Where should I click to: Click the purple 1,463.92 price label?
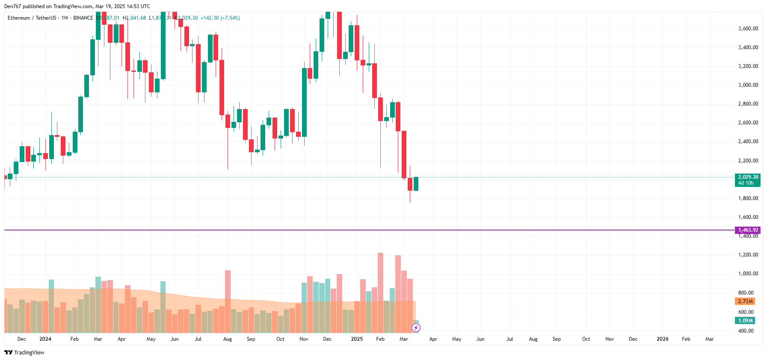tap(747, 230)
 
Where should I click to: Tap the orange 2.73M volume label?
tap(745, 301)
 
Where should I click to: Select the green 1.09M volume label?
tap(745, 321)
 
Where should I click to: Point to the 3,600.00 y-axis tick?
tap(748, 29)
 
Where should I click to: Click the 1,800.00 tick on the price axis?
tap(748, 198)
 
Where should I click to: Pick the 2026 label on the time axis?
tap(662, 339)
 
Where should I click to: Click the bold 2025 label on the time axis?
tap(357, 339)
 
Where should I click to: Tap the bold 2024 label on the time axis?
tap(45, 339)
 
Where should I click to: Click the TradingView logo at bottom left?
tap(24, 352)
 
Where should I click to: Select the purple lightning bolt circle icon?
tap(416, 328)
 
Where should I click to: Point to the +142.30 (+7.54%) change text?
tap(220, 18)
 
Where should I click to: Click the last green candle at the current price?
tap(416, 184)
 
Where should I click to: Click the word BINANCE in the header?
tap(83, 18)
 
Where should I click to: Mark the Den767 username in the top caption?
tap(12, 6)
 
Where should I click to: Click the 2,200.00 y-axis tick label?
tap(748, 161)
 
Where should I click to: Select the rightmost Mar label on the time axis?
tap(709, 339)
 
